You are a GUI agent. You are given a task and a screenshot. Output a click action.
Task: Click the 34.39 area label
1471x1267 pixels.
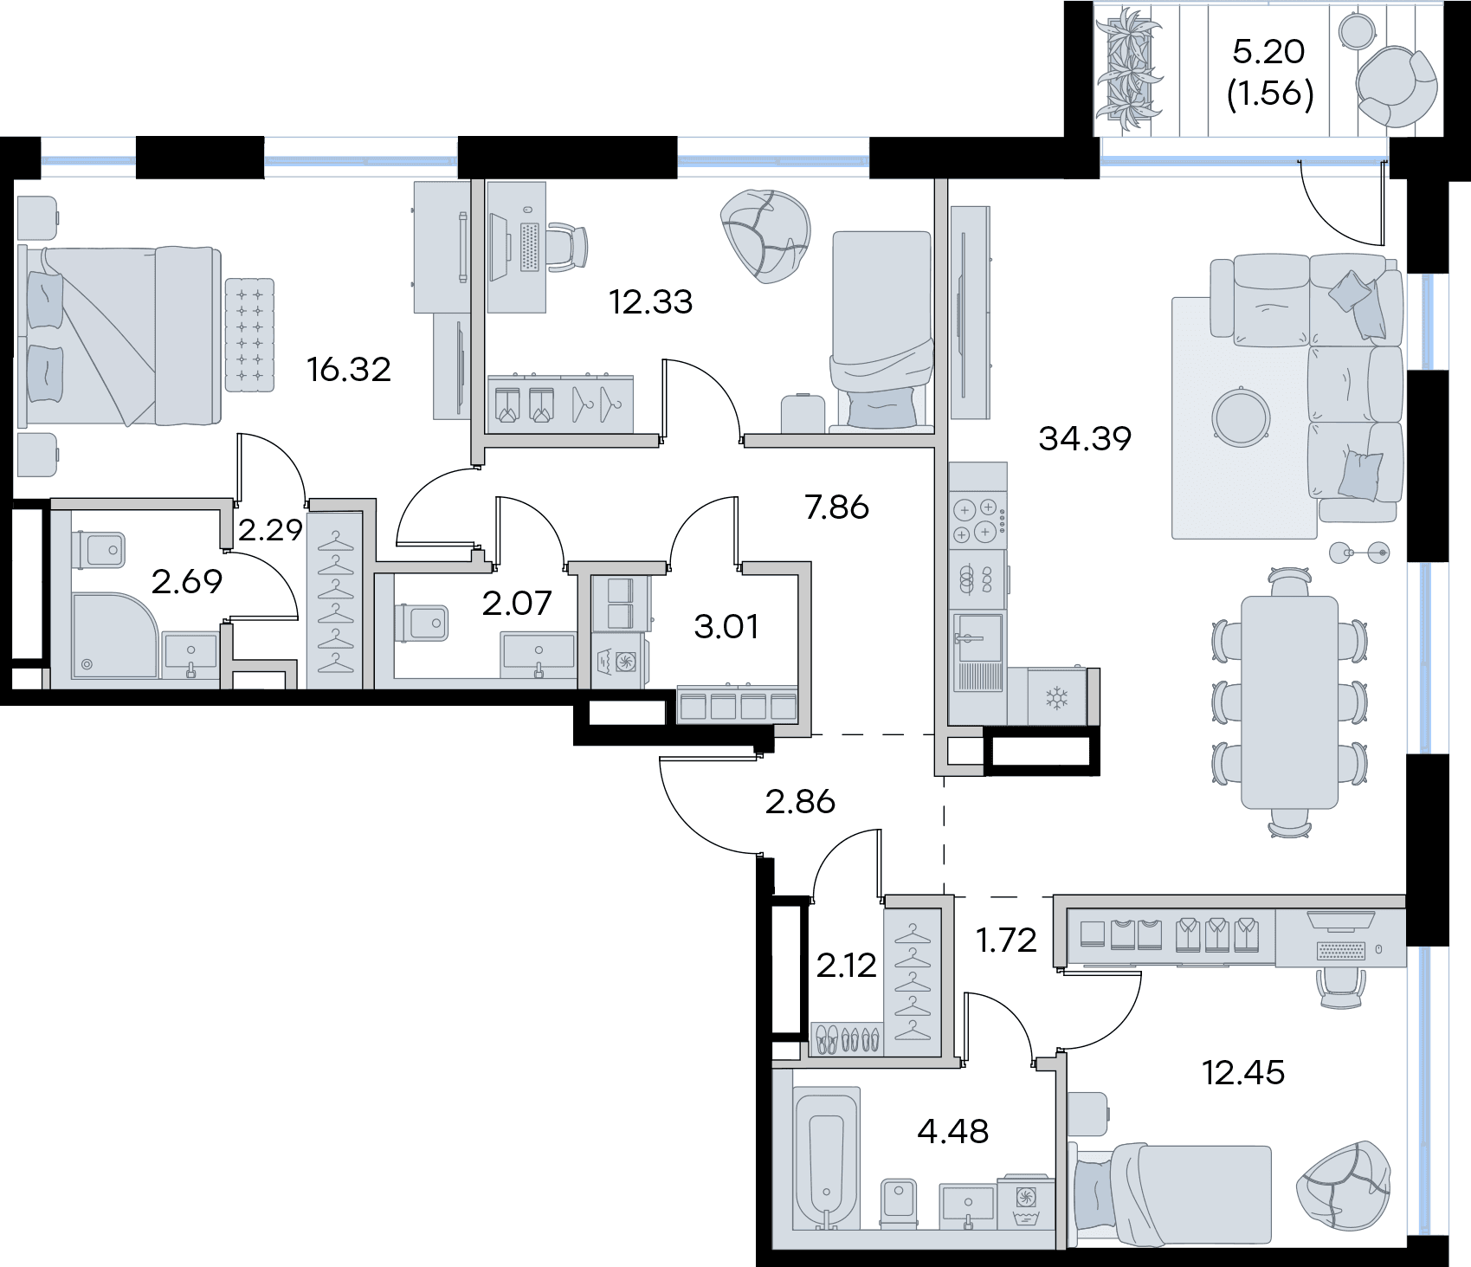(1085, 439)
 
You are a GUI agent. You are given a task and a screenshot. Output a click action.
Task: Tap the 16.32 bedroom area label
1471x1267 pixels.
(349, 370)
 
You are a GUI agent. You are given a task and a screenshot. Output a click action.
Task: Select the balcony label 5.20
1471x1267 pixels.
(1268, 52)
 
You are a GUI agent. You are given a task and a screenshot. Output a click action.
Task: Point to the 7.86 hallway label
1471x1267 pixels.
(836, 507)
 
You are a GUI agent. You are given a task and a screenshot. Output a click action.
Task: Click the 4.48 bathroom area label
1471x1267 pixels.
(952, 1131)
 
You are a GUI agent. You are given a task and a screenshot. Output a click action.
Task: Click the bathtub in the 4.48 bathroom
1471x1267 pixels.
(827, 1158)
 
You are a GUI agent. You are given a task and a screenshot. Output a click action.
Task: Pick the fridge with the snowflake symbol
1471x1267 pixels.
(1056, 696)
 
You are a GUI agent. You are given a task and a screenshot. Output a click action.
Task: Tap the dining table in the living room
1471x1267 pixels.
(1289, 701)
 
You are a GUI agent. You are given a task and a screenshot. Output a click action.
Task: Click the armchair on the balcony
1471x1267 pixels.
(1396, 87)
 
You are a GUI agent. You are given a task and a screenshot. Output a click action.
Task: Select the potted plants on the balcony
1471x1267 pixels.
(1128, 69)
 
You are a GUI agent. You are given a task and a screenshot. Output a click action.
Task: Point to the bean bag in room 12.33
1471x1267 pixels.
(765, 236)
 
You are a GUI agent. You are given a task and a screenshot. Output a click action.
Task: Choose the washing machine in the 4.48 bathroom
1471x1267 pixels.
(1025, 1201)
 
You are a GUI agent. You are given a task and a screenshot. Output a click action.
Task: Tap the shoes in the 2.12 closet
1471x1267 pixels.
(848, 1038)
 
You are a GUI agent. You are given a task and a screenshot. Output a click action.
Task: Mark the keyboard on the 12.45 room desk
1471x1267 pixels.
(1340, 951)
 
